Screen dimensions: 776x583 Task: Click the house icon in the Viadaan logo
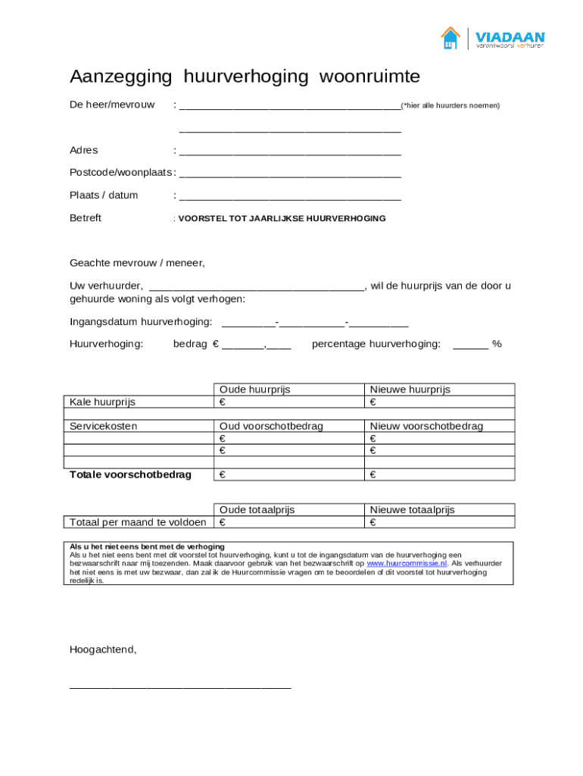click(450, 38)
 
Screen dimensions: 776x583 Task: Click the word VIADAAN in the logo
click(510, 36)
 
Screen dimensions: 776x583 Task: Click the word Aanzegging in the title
click(122, 77)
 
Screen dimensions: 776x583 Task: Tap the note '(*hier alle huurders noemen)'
click(450, 105)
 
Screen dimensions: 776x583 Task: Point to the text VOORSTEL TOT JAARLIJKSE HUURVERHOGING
click(282, 218)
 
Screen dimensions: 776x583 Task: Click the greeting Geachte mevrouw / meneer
click(137, 263)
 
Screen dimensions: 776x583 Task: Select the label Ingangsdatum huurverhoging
click(141, 322)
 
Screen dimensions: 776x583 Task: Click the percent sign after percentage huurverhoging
click(497, 344)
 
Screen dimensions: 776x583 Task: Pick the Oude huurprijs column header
click(254, 390)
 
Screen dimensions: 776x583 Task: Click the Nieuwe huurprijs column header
click(410, 390)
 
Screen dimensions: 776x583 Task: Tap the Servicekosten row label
click(104, 426)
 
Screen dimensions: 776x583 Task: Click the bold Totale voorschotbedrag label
click(130, 474)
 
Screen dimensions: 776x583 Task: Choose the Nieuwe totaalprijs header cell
click(412, 510)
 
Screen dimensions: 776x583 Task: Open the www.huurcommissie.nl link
click(407, 564)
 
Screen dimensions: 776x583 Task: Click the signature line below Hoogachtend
click(180, 687)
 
